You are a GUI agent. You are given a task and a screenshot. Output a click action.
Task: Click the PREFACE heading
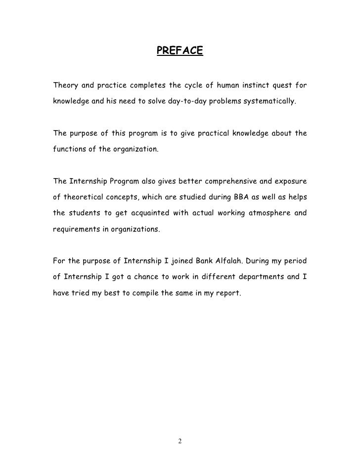tap(180, 51)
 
